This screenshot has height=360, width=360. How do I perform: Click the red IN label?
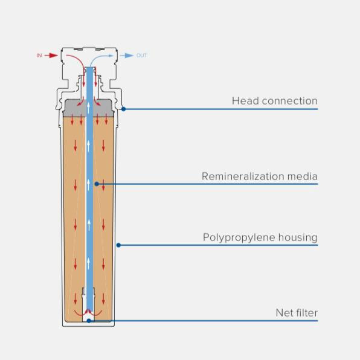pyautogui.click(x=39, y=56)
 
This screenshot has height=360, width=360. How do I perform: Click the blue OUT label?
pyautogui.click(x=141, y=56)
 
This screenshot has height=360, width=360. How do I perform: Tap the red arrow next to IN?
pyautogui.click(x=51, y=56)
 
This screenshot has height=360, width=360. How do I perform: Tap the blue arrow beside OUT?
pyautogui.click(x=126, y=56)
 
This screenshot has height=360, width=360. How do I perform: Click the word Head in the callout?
pyautogui.click(x=245, y=101)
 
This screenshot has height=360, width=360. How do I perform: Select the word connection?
pyautogui.click(x=290, y=101)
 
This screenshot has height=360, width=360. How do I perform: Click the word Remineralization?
pyautogui.click(x=243, y=176)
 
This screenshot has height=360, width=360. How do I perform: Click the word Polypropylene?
pyautogui.click(x=239, y=238)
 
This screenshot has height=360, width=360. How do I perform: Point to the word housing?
pyautogui.click(x=298, y=238)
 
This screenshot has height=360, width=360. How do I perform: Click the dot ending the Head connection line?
pyautogui.click(x=123, y=109)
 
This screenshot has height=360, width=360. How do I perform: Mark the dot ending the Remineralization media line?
pyautogui.click(x=97, y=184)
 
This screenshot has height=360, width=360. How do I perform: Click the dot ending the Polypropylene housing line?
pyautogui.click(x=118, y=245)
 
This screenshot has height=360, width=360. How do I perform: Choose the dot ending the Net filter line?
pyautogui.click(x=89, y=321)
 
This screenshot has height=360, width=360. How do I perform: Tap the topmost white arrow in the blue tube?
pyautogui.click(x=88, y=108)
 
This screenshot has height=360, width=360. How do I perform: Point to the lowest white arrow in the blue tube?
pyautogui.click(x=88, y=263)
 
